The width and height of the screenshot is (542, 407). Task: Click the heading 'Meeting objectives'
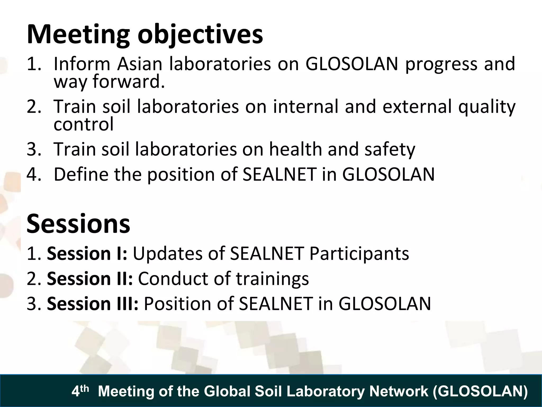(x=145, y=35)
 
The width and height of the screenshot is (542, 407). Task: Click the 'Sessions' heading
(x=78, y=224)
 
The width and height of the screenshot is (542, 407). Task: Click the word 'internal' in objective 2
(x=306, y=107)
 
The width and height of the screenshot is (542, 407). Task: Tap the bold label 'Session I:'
(x=87, y=254)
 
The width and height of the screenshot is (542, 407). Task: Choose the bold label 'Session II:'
(x=90, y=278)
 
